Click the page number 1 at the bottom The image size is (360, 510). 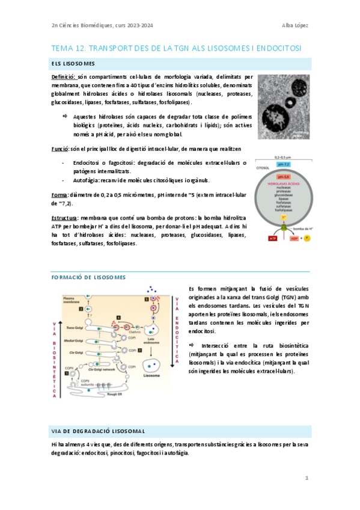307,478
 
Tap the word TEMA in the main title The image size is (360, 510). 62,48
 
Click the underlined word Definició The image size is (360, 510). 63,78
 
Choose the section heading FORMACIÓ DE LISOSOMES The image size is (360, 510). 88,277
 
